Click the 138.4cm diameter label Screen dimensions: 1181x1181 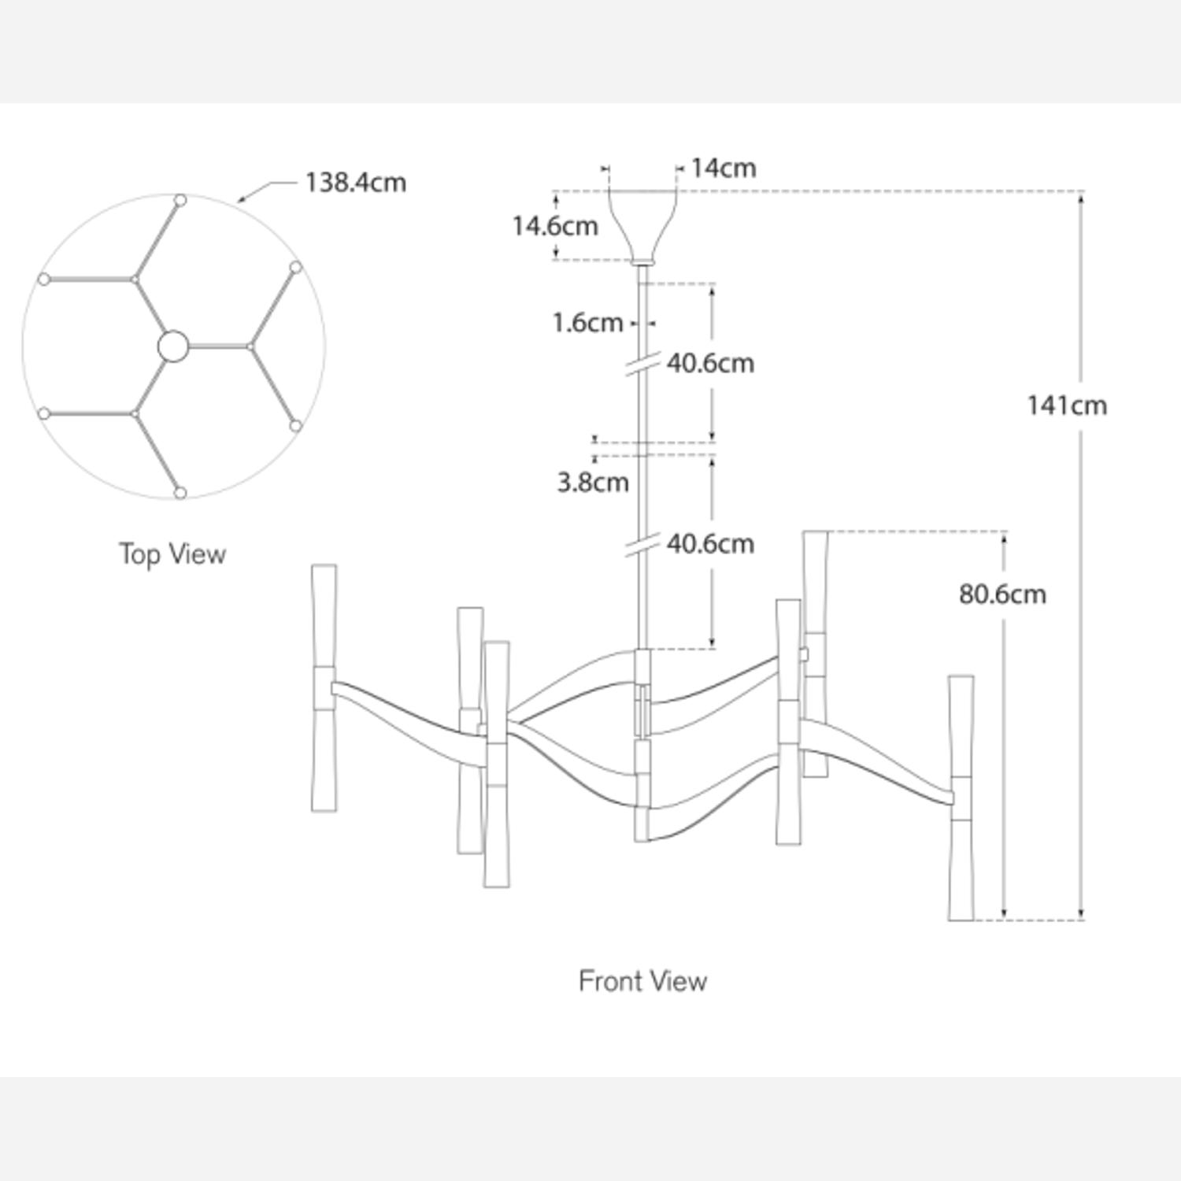(x=355, y=183)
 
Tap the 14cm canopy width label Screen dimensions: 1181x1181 (x=724, y=168)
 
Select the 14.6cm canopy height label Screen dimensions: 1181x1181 (x=555, y=226)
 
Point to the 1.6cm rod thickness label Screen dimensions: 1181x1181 (x=587, y=323)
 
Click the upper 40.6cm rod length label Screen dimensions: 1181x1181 (x=710, y=364)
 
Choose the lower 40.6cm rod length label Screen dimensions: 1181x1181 (x=710, y=544)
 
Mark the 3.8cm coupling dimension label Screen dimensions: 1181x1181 (x=593, y=482)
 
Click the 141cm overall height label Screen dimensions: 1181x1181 (x=1067, y=405)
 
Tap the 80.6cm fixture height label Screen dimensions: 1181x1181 (x=1002, y=594)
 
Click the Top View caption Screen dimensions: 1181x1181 (x=172, y=553)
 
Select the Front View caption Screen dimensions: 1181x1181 (x=642, y=981)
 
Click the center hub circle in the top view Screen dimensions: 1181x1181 (x=173, y=346)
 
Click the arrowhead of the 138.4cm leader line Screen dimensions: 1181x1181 (x=241, y=201)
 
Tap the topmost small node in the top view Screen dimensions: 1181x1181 (x=180, y=201)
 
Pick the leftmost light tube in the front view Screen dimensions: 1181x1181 (x=324, y=687)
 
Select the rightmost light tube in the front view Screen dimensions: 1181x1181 (x=961, y=797)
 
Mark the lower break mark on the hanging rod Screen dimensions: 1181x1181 (x=642, y=545)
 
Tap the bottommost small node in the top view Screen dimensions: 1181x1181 (x=180, y=493)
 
